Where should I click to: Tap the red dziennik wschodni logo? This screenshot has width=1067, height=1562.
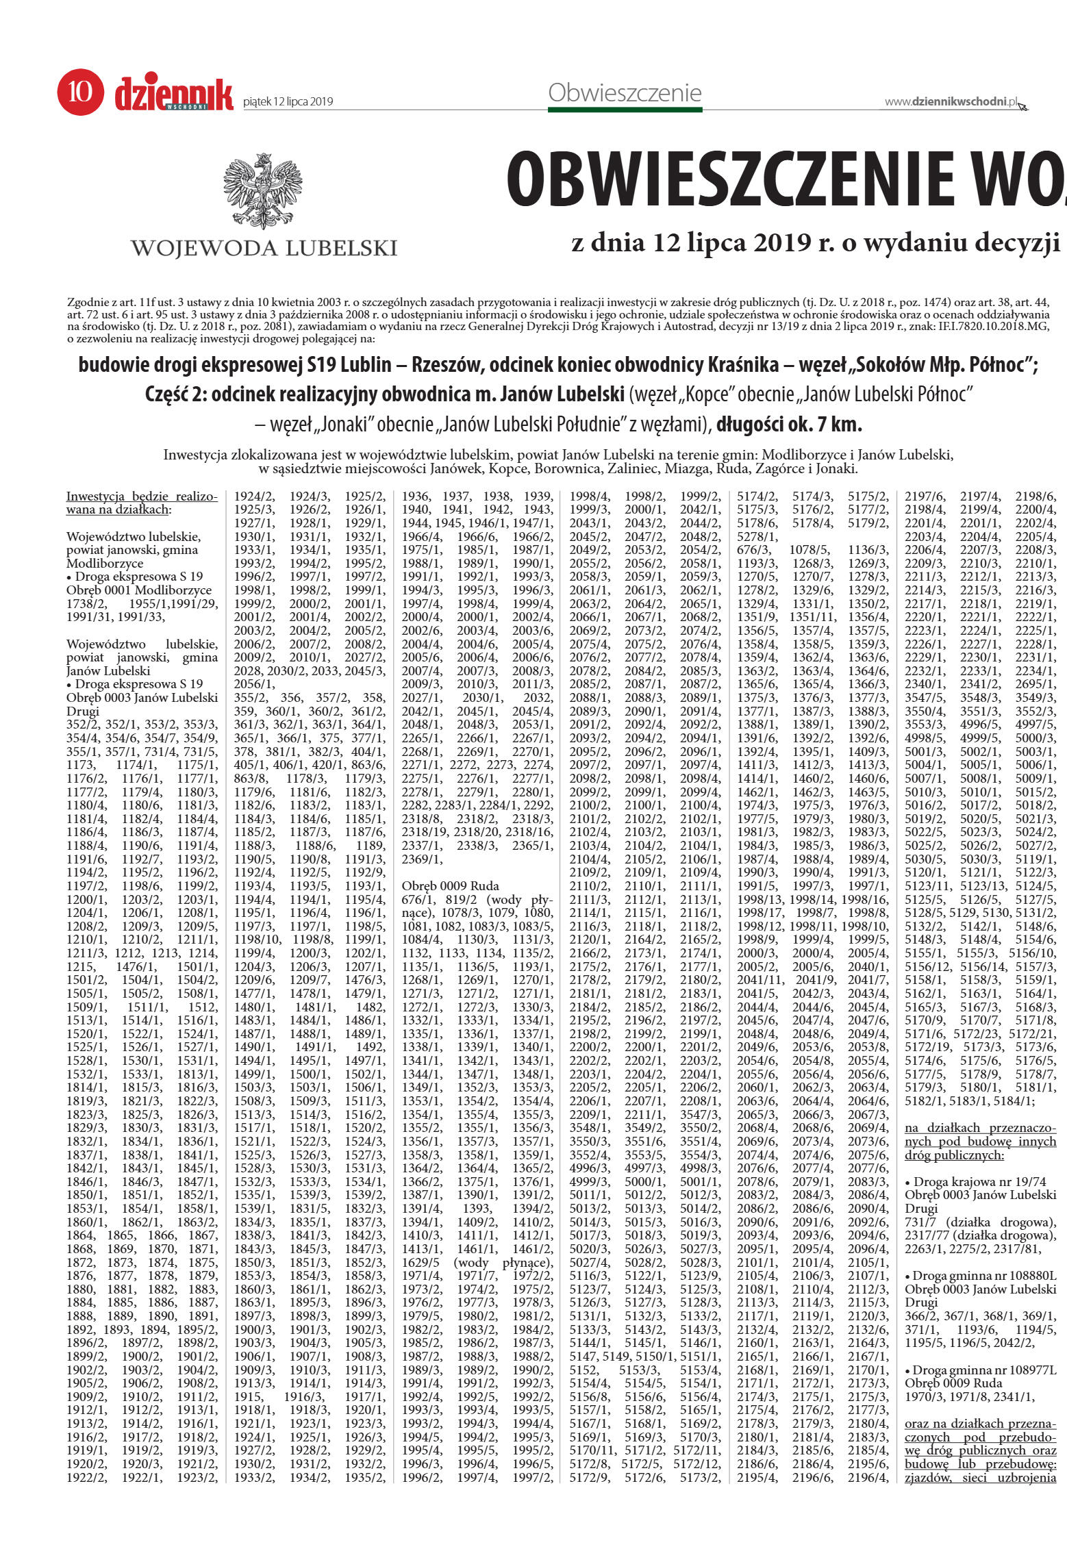pyautogui.click(x=174, y=94)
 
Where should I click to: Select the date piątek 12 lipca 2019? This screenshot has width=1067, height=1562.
pyautogui.click(x=288, y=102)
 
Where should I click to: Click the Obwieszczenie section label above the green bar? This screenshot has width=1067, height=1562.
pyautogui.click(x=625, y=92)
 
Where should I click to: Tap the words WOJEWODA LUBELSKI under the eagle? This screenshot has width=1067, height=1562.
pyautogui.click(x=264, y=248)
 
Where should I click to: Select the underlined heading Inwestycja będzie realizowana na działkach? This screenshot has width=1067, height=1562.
pyautogui.click(x=142, y=503)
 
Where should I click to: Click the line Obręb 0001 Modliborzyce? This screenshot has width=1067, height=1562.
pyautogui.click(x=139, y=590)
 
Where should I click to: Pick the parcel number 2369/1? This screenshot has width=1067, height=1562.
pyautogui.click(x=423, y=859)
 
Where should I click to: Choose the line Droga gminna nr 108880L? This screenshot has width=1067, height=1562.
pyautogui.click(x=981, y=1276)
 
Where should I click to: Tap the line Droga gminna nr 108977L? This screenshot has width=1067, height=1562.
pyautogui.click(x=981, y=1370)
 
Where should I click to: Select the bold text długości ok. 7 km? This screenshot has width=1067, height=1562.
pyautogui.click(x=789, y=425)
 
